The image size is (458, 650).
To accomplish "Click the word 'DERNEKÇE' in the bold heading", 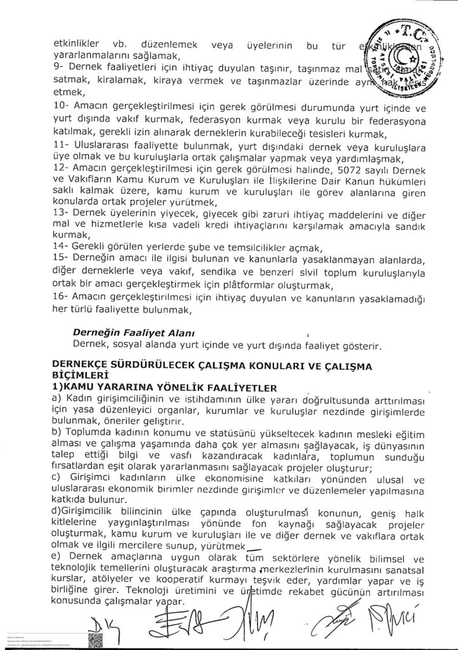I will coord(84,364).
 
